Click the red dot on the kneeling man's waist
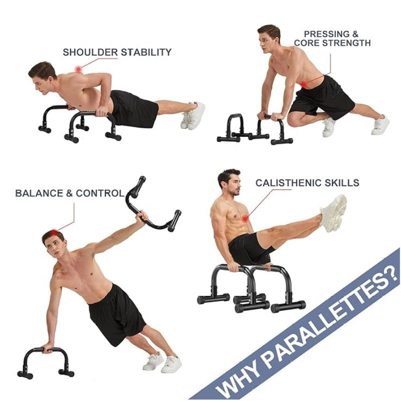304,83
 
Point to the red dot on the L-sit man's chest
245,218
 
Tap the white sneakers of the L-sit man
333,213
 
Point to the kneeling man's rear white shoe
381,125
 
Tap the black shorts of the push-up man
133,108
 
